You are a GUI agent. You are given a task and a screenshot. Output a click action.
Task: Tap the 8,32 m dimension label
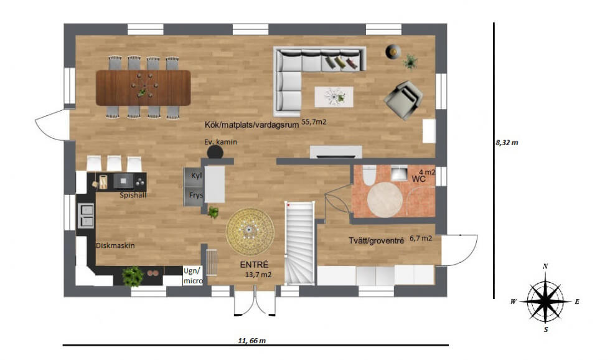507,143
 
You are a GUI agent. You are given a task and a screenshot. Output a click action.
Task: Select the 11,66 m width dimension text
251,341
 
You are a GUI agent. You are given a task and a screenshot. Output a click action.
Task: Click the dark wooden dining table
143,88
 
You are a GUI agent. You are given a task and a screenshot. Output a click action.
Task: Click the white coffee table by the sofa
334,97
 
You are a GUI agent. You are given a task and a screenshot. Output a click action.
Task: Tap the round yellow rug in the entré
250,232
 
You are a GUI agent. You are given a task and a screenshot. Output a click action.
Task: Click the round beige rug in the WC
385,200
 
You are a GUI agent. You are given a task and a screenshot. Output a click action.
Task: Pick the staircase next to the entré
299,243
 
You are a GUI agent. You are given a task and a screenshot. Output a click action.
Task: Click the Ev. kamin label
220,142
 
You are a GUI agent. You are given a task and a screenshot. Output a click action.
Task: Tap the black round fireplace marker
215,152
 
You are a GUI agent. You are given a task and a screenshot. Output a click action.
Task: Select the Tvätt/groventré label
376,241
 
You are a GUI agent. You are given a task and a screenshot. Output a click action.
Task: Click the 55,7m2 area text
314,122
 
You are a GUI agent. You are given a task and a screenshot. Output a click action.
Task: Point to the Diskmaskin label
115,245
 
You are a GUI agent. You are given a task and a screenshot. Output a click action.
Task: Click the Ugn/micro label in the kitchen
193,275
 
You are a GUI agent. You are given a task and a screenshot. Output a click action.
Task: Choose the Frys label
196,195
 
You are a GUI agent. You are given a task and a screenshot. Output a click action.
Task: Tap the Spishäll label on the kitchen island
133,196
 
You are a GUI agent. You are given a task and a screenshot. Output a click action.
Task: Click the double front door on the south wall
255,300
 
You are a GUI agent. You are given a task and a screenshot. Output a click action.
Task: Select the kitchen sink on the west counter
87,216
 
